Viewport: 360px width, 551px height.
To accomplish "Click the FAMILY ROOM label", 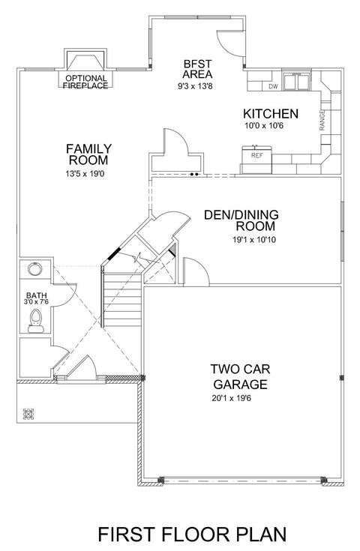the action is point(88,154).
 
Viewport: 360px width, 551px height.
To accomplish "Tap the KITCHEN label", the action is point(271,114).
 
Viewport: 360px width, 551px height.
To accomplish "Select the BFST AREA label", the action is point(197,69).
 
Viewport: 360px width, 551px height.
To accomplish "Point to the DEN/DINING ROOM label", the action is point(241,220).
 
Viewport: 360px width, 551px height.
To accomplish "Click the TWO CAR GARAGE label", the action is point(241,376).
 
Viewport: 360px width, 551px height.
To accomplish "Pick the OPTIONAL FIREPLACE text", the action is point(85,82).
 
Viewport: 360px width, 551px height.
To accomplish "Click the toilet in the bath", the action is point(35,321).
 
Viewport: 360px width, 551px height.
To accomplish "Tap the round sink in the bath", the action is point(34,269).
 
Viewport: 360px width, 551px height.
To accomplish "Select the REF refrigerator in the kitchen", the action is point(256,160).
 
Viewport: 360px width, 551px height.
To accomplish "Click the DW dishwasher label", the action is point(273,86).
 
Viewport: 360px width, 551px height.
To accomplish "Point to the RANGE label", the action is point(322,121).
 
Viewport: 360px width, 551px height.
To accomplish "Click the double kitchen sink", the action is point(297,81).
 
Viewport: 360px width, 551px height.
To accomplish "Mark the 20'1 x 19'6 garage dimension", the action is point(231,399).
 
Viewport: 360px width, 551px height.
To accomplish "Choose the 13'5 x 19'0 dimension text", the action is point(85,174).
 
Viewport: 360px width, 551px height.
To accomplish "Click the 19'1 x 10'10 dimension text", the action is point(254,240).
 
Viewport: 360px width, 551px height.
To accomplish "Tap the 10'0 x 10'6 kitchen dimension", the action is point(264,126).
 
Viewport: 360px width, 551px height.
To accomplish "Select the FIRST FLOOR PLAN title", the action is point(192,535).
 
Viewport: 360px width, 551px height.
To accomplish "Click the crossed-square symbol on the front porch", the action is point(28,414).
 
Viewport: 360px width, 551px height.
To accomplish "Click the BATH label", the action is point(36,295).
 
